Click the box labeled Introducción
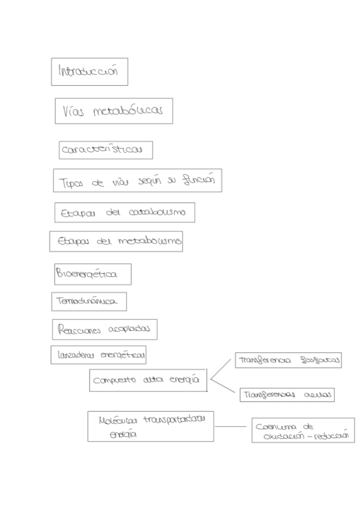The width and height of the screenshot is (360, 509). coord(89,71)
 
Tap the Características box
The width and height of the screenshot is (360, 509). coord(105,150)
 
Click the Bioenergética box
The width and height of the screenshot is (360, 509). coord(92,274)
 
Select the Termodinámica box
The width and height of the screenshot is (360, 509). coord(89,301)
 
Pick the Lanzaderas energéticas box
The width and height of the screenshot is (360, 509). coord(98,356)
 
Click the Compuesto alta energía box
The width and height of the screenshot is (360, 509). coord(148,381)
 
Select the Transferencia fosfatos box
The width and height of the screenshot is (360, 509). coord(287,360)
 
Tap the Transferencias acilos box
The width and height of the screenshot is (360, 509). coord(286,395)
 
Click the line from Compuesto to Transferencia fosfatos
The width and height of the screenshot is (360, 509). coord(220,370)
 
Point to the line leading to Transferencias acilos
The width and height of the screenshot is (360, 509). coord(223,387)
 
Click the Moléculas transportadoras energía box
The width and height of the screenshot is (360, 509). coord(150,426)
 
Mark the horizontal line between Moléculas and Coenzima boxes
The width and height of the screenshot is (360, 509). coord(232,427)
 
